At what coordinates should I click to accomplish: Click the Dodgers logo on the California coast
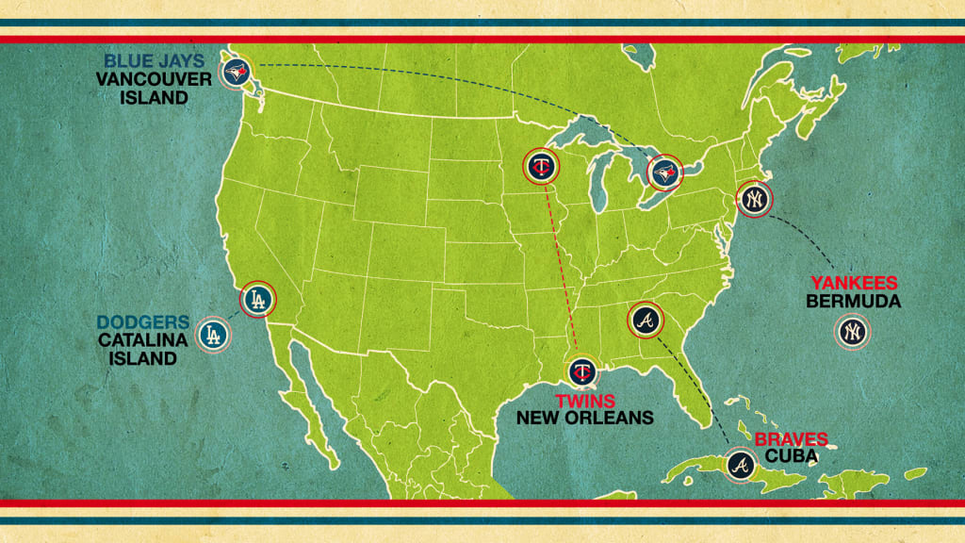(x=257, y=300)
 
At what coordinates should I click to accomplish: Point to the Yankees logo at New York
(x=754, y=199)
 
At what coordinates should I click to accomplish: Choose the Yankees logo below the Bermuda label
(x=852, y=332)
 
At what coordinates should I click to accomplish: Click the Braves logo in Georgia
(x=645, y=321)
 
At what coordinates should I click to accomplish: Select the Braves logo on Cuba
(x=741, y=464)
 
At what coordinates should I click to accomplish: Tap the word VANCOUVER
(x=154, y=79)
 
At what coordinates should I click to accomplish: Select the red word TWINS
(x=584, y=399)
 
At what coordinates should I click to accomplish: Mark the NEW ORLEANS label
(x=584, y=417)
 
